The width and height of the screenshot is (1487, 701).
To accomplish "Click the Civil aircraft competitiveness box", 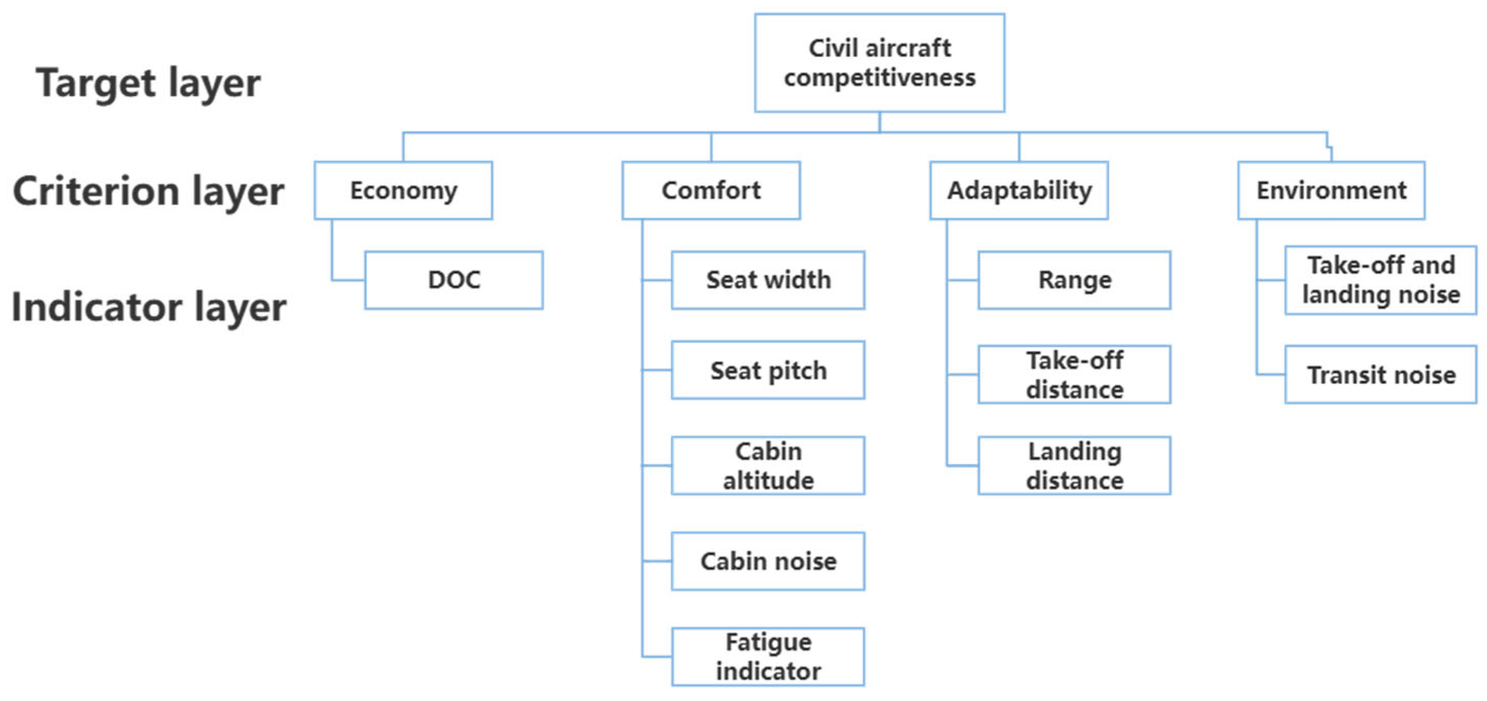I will [x=879, y=63].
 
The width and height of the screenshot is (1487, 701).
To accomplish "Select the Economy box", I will [x=403, y=191].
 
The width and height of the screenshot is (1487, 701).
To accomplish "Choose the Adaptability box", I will [x=1019, y=191].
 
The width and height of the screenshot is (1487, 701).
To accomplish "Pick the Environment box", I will [x=1331, y=191].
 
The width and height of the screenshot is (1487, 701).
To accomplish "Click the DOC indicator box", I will [x=454, y=280].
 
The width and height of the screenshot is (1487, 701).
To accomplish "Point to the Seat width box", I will [x=768, y=280].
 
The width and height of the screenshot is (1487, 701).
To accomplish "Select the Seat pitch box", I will [x=768, y=370].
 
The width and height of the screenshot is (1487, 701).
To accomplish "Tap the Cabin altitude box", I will [x=768, y=466].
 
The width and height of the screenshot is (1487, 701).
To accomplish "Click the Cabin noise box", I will [x=768, y=561].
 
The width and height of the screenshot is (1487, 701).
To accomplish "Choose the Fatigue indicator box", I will [x=768, y=656].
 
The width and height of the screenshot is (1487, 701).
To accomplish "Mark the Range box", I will [x=1074, y=280].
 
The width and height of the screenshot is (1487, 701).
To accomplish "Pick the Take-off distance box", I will [x=1074, y=375].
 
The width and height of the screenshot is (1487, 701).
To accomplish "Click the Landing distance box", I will [x=1074, y=466].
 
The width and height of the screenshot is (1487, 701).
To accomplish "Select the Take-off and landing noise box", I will [x=1381, y=280].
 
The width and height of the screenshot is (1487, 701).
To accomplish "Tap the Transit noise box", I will [x=1381, y=375].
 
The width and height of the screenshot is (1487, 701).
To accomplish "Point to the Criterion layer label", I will [x=148, y=192].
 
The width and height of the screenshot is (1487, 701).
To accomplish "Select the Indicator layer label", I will [x=148, y=307].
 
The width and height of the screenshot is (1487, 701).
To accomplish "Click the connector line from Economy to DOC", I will [x=332, y=254].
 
